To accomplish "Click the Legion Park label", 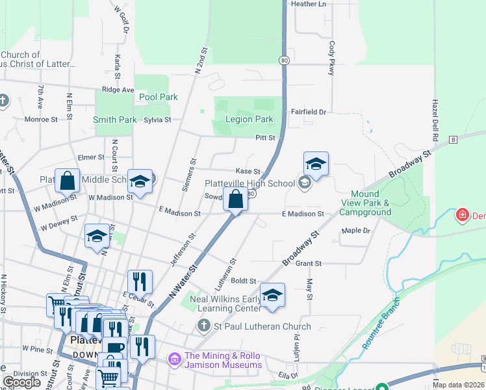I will [249, 120].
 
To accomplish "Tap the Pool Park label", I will [159, 97].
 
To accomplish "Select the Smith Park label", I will [114, 120].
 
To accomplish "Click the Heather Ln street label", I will [309, 4].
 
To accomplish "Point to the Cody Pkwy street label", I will [332, 58].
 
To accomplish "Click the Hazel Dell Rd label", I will [435, 122].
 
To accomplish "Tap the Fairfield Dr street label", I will [308, 112].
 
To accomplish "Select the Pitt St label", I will [266, 138].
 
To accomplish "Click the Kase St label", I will [248, 171].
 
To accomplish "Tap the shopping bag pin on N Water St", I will [235, 200].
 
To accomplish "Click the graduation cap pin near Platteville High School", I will [316, 164].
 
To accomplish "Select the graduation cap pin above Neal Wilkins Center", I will [272, 295].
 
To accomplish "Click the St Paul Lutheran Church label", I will [263, 326].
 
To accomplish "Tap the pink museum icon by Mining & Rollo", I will [174, 358].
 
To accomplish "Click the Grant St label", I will [309, 264].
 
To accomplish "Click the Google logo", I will [21, 382].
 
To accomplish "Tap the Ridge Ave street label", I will [118, 90].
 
